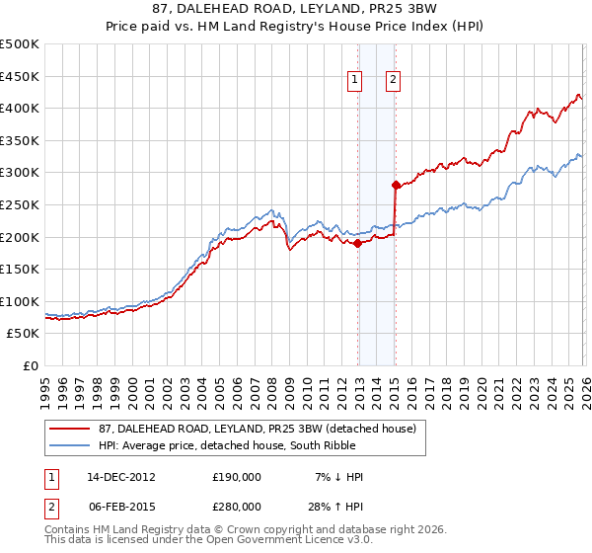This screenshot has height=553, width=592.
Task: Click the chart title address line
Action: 295,9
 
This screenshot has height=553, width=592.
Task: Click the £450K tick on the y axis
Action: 20,76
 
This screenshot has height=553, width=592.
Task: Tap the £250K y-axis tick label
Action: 20,204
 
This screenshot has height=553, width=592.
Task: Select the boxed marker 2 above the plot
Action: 393,81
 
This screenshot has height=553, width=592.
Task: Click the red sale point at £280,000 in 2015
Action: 396,185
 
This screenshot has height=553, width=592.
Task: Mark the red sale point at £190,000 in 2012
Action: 358,243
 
